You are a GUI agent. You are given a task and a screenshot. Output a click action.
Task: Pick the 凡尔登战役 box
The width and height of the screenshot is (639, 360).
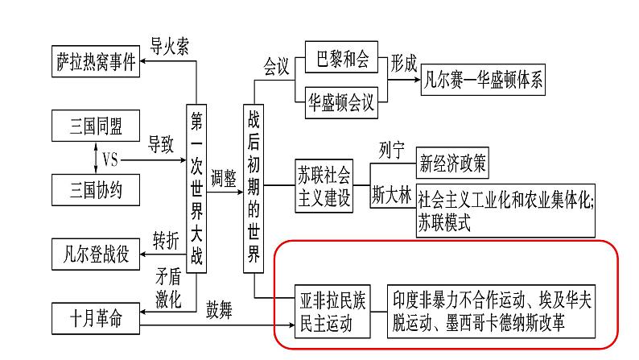point(95,253)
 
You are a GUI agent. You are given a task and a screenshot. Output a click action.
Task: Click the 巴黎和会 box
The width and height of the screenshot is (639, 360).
point(342,61)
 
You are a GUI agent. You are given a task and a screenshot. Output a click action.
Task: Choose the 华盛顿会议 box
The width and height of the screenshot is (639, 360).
point(342,102)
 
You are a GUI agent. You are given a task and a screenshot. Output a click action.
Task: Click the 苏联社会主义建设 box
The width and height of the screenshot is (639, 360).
point(324,186)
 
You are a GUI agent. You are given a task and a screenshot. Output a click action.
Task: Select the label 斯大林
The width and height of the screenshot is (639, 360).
point(392,194)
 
